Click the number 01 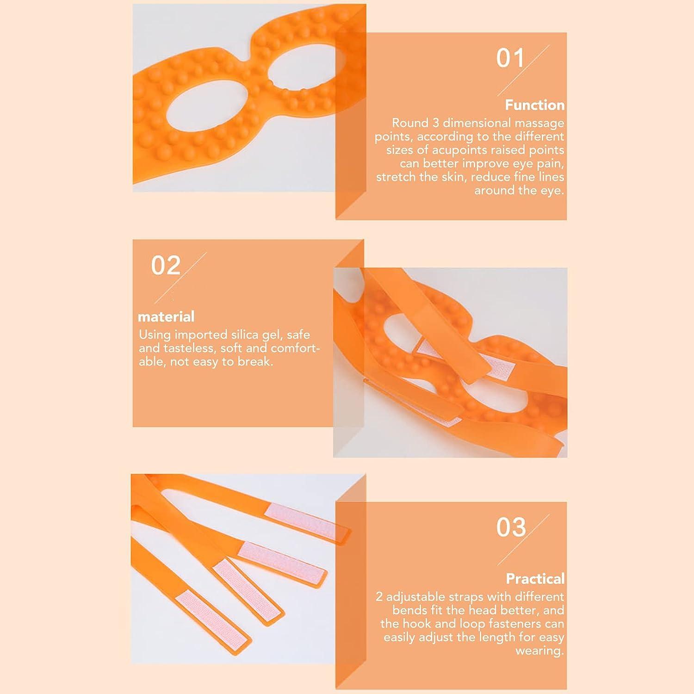pos(510,58)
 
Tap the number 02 pos(165,266)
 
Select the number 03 pos(511,527)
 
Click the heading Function pos(534,105)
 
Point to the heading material pos(166,316)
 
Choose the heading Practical pos(535,579)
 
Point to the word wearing pos(539,651)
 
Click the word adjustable pos(415,597)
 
